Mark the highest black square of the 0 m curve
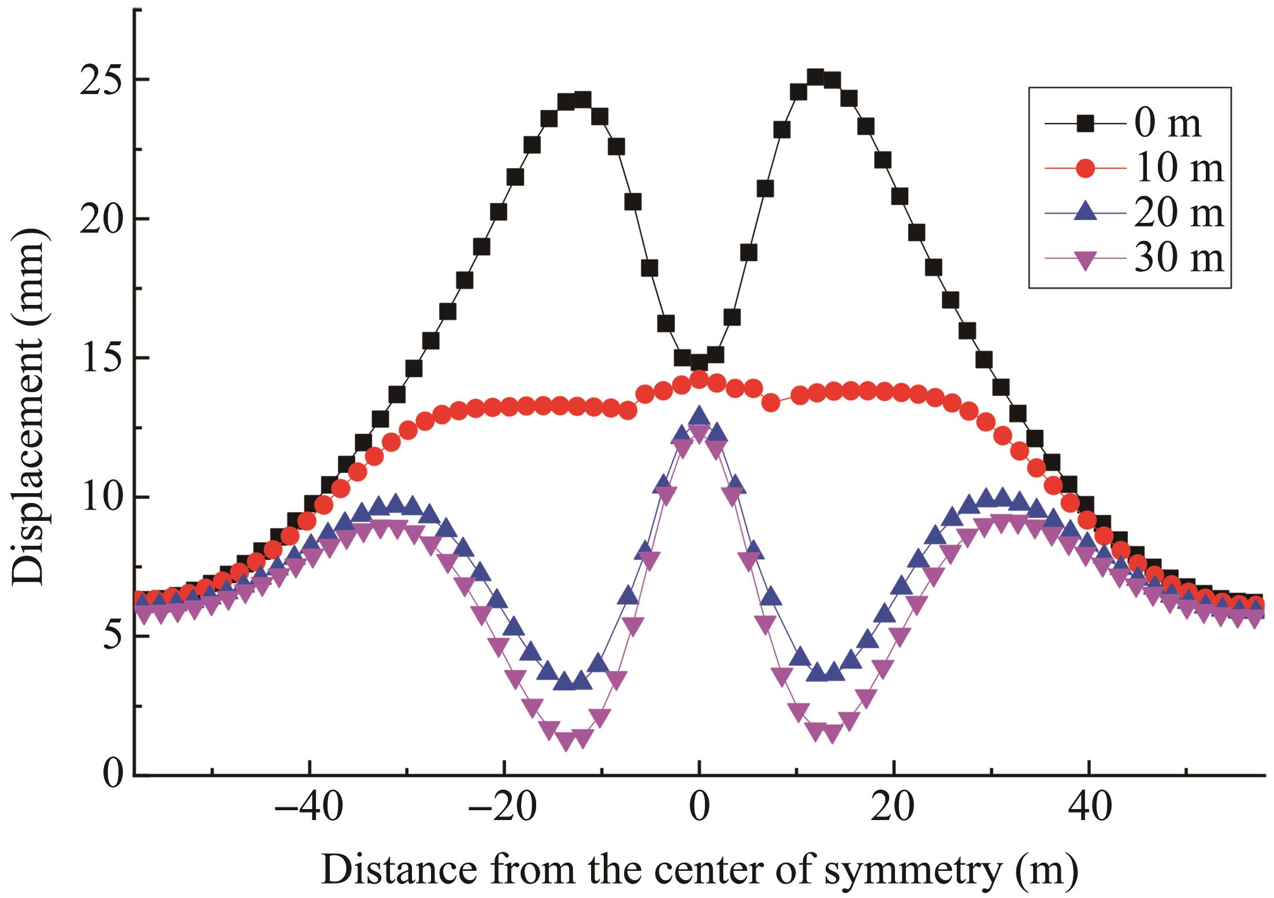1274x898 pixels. coord(815,77)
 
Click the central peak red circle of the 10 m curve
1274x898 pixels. coord(699,379)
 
